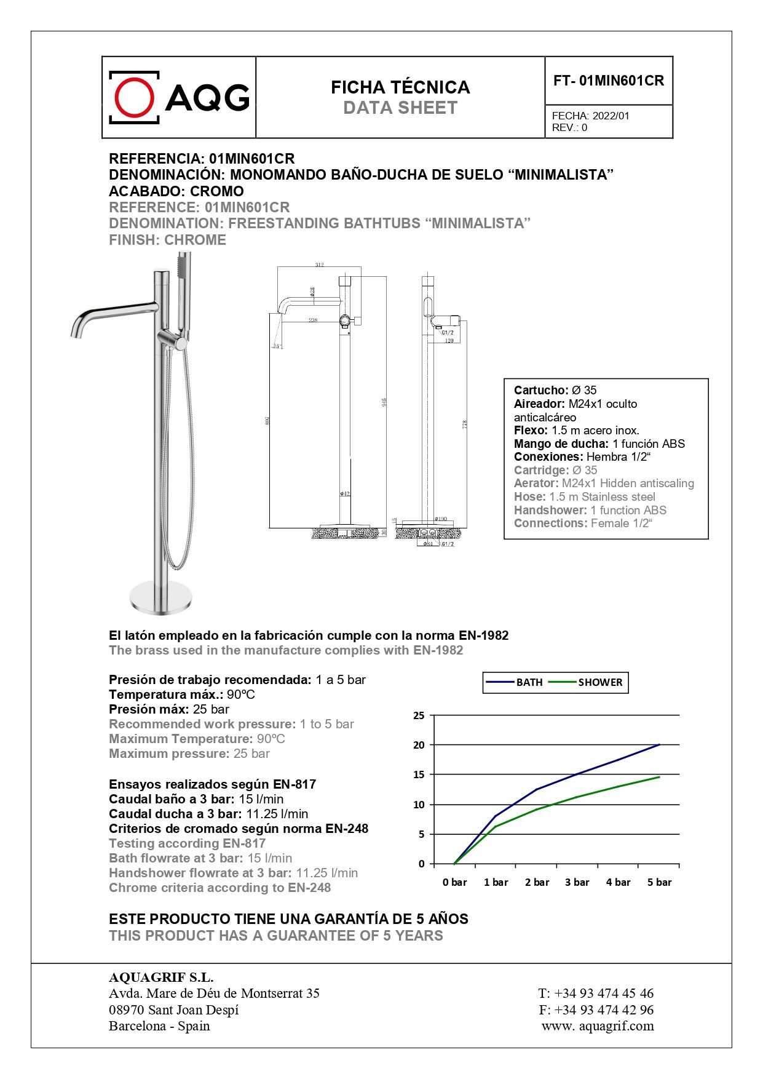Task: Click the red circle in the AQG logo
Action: pos(135,97)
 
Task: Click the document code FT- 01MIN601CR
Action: pos(608,81)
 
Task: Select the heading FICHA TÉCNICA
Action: pos(400,87)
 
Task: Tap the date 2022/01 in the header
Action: pos(610,116)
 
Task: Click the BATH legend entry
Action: pos(529,682)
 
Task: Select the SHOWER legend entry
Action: pos(599,682)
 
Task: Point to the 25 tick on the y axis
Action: pos(419,715)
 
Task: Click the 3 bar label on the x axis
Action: pos(577,882)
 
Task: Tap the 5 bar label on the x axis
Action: pos(659,882)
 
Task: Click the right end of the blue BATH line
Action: pos(659,744)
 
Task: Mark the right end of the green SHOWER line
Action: pos(659,777)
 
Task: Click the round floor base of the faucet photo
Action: pos(161,596)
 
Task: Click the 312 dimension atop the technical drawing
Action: pos(319,265)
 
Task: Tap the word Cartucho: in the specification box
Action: pos(541,390)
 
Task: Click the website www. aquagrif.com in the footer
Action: pos(598,1025)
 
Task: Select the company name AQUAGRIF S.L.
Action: pos(161,977)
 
